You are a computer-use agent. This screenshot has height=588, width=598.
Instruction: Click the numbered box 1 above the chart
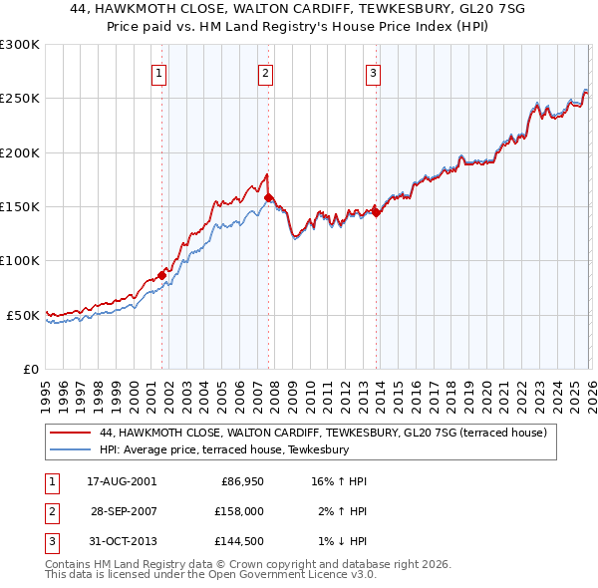pyautogui.click(x=160, y=72)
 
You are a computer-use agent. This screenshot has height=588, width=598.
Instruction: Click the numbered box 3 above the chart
pyautogui.click(x=373, y=72)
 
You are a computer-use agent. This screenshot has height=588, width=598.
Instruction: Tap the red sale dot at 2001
pyautogui.click(x=161, y=275)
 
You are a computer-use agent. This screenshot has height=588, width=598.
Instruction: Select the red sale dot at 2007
pyautogui.click(x=269, y=198)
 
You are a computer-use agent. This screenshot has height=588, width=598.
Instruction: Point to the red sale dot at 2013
pyautogui.click(x=377, y=212)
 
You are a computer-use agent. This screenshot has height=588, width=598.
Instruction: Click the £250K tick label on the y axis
pyautogui.click(x=20, y=99)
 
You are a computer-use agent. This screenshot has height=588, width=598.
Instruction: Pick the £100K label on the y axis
pyautogui.click(x=20, y=261)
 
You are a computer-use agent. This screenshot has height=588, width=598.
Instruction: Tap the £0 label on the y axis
pyautogui.click(x=30, y=369)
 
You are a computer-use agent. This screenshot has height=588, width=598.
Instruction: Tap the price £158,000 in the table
pyautogui.click(x=239, y=510)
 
